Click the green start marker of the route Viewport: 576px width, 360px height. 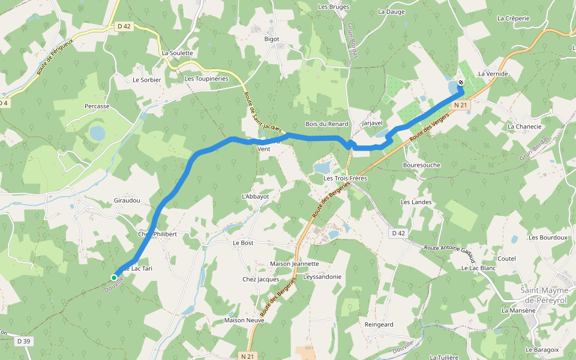click(113, 277)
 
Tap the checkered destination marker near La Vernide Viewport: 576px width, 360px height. click(460, 82)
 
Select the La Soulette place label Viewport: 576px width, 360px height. click(178, 53)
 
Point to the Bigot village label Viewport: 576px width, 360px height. click(272, 39)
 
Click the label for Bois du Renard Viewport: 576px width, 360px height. click(326, 124)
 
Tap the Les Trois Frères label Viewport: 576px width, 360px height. click(345, 178)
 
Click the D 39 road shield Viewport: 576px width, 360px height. click(23, 341)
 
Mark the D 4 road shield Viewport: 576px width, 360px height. click(4, 103)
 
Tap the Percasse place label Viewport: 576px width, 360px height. click(97, 106)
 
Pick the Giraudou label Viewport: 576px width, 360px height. click(127, 200)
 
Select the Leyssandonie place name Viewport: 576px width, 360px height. click(323, 277)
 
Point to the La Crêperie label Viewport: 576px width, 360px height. click(513, 18)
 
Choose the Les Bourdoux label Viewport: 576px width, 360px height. click(548, 238)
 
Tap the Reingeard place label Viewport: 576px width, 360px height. click(379, 325)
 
